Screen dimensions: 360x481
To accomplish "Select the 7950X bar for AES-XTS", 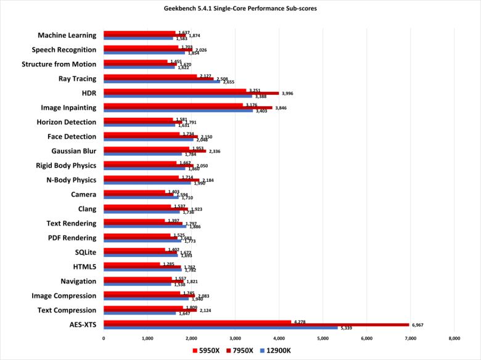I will click(x=256, y=325).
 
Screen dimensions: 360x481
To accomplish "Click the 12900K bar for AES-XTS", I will click(x=220, y=328).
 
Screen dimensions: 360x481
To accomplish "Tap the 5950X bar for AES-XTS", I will click(x=197, y=321).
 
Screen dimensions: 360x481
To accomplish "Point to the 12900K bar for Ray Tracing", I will click(x=162, y=82).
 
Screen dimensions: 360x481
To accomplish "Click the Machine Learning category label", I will click(x=67, y=35).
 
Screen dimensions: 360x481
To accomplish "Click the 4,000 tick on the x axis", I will click(x=279, y=338).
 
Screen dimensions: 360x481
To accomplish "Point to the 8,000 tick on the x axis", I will click(x=454, y=338).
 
